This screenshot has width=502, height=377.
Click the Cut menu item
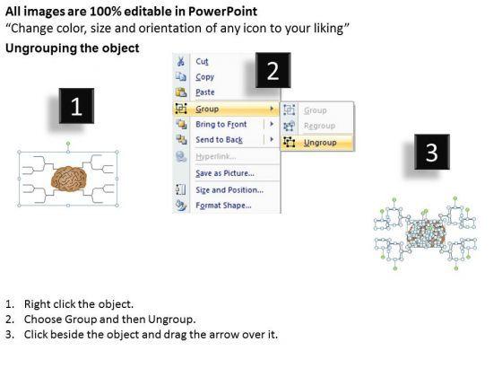[202, 61]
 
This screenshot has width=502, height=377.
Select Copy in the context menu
[205, 77]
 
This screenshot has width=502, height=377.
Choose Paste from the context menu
[205, 92]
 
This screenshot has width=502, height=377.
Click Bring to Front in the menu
[221, 124]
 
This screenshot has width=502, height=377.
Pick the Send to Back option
[220, 140]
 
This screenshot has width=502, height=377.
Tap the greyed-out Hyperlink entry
[216, 156]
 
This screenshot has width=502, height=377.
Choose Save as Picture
[225, 173]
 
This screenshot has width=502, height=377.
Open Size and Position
[229, 189]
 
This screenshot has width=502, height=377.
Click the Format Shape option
[223, 206]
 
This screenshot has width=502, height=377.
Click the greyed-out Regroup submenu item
[319, 126]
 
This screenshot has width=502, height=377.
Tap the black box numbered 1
[76, 106]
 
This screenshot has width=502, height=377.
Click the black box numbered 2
[273, 70]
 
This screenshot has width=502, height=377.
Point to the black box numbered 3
[432, 152]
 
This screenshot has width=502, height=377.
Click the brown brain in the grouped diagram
[69, 179]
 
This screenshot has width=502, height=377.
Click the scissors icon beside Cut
[181, 61]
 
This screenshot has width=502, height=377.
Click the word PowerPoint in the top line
[222, 12]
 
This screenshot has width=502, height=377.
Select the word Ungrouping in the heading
[41, 48]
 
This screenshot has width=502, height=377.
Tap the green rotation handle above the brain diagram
[68, 144]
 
